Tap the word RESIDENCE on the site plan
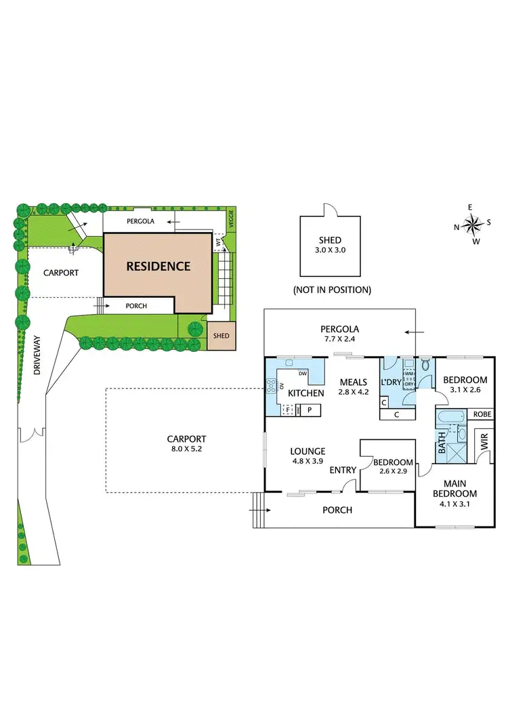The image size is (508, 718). point(158,266)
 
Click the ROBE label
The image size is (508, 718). point(482,414)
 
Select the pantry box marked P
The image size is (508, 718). point(310,409)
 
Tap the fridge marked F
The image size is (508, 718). point(288,409)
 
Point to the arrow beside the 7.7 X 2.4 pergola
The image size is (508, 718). point(410,332)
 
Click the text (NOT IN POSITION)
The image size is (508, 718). point(332,290)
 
